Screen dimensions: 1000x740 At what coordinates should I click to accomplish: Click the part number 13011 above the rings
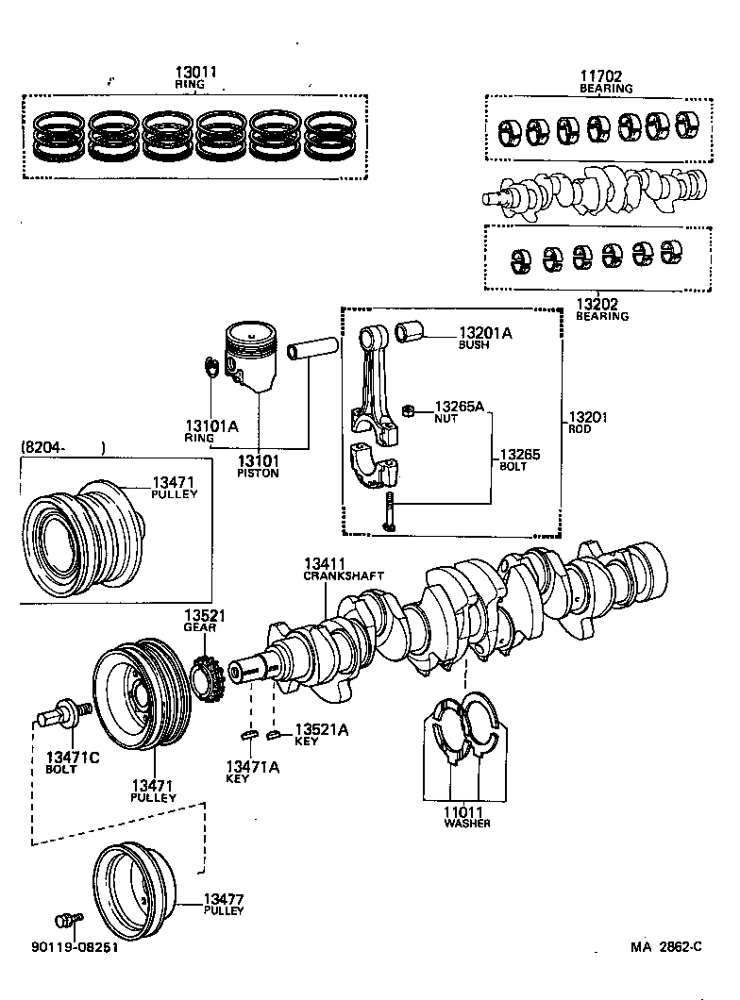pyautogui.click(x=195, y=73)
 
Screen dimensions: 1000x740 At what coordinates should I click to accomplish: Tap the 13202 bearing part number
pyautogui.click(x=597, y=304)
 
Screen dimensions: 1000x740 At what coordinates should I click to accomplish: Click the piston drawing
pyautogui.click(x=250, y=358)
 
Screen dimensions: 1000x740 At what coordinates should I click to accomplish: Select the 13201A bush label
pyautogui.click(x=485, y=333)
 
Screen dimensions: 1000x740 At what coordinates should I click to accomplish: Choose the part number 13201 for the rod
pyautogui.click(x=586, y=417)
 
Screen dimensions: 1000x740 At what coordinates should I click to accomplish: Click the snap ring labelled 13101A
pyautogui.click(x=212, y=368)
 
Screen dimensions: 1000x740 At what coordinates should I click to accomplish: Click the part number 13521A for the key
pyautogui.click(x=322, y=729)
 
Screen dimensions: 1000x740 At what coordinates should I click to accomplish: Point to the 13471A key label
pyautogui.click(x=252, y=766)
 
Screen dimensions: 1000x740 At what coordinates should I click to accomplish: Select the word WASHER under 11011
pyautogui.click(x=466, y=823)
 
